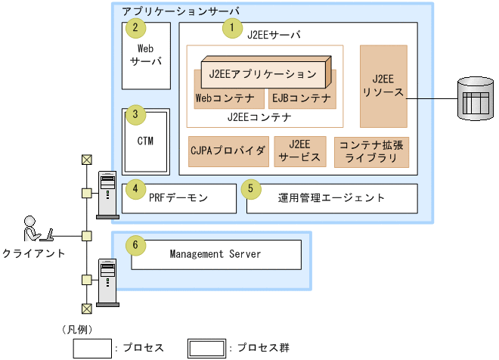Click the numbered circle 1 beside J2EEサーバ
pyautogui.click(x=229, y=29)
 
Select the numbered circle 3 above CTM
pyautogui.click(x=135, y=116)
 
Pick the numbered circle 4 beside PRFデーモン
pyautogui.click(x=135, y=189)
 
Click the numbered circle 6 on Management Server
pyautogui.click(x=135, y=245)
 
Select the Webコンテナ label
pyautogui.click(x=225, y=98)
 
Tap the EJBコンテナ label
pyautogui.click(x=301, y=98)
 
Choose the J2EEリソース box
pyautogui.click(x=383, y=85)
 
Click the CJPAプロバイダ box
pyautogui.click(x=228, y=151)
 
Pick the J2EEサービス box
pyautogui.click(x=299, y=151)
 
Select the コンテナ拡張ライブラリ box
pyautogui.click(x=370, y=151)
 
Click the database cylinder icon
pyautogui.click(x=475, y=99)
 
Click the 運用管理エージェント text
pyautogui.click(x=332, y=198)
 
